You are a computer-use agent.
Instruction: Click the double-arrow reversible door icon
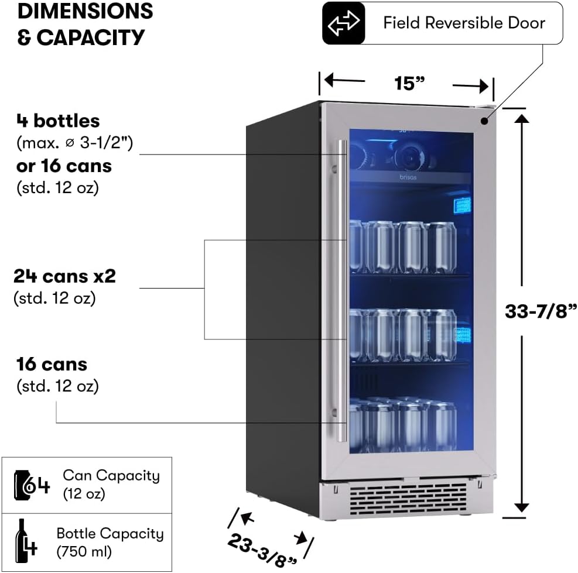[x=344, y=23]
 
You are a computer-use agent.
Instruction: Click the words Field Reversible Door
[x=464, y=23]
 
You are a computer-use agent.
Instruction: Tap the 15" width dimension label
[x=409, y=83]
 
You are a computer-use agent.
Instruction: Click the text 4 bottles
[x=57, y=121]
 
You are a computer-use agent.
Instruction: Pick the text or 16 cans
[x=64, y=166]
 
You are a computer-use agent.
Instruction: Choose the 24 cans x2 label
[x=64, y=276]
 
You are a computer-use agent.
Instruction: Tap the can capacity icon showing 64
[x=32, y=486]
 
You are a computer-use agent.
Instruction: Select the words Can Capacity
[x=111, y=475]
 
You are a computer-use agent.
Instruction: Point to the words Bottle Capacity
[x=110, y=533]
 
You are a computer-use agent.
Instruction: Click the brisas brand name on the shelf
[x=409, y=177]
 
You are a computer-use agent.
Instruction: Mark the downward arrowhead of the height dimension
[x=522, y=507]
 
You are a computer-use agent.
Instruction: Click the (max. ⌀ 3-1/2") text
[x=74, y=143]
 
